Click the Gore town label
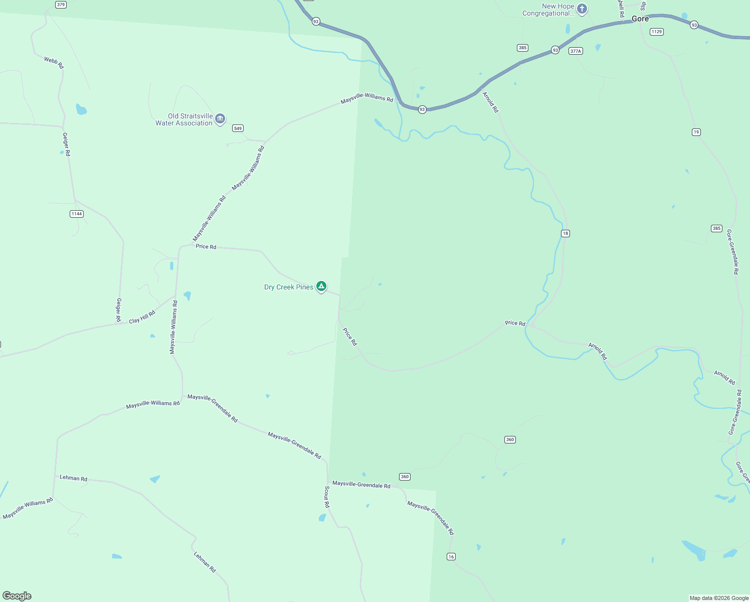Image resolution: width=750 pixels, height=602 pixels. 640,19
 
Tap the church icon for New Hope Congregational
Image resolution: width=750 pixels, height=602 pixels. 582,9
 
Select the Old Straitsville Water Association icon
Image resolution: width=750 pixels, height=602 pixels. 220,119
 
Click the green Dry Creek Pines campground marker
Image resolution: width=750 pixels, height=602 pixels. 321,286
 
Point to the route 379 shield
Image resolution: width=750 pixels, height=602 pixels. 61,5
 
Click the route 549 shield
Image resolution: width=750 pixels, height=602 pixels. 238,128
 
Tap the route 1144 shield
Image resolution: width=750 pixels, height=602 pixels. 76,214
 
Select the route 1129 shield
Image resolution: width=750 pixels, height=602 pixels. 656,32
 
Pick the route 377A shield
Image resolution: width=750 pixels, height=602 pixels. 576,51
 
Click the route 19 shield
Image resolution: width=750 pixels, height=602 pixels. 696,132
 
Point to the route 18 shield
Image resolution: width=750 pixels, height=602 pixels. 566,233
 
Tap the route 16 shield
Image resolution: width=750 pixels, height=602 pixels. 451,556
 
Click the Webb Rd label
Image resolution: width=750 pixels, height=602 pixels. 54,63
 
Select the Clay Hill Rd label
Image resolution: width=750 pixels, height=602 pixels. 142,317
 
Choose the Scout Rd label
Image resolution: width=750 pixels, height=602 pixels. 327,497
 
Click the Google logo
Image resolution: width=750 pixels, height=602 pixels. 17,596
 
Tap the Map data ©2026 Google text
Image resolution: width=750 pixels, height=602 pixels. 719,598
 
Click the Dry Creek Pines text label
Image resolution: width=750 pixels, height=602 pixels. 289,287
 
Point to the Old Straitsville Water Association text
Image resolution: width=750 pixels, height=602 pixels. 184,119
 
